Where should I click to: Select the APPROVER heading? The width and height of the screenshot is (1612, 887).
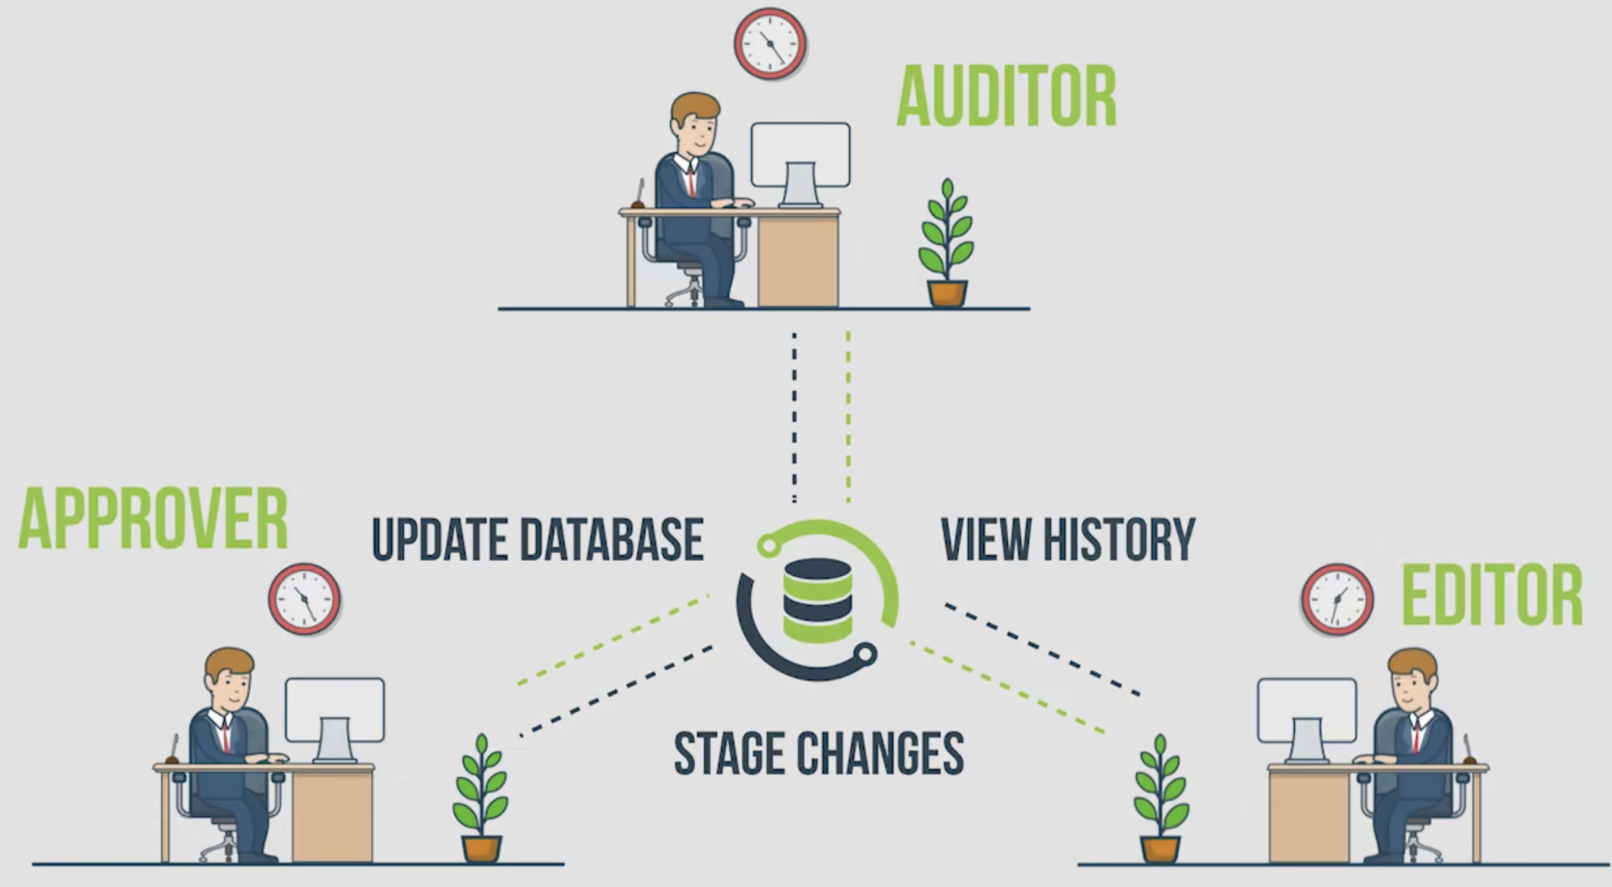(x=153, y=519)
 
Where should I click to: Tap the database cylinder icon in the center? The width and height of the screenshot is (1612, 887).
(x=817, y=600)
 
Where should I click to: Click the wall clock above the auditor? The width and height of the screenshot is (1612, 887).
(x=770, y=43)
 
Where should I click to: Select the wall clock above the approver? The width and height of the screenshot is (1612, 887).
(x=305, y=599)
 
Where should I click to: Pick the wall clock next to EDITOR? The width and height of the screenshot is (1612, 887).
(x=1337, y=599)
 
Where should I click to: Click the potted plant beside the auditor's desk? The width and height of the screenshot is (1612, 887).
(x=946, y=244)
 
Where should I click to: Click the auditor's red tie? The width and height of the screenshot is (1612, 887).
(x=691, y=181)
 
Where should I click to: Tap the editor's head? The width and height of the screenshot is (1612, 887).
(x=1413, y=679)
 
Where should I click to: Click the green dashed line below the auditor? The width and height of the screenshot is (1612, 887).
(x=848, y=416)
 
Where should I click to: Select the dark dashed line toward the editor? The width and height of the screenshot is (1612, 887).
(x=1041, y=648)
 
